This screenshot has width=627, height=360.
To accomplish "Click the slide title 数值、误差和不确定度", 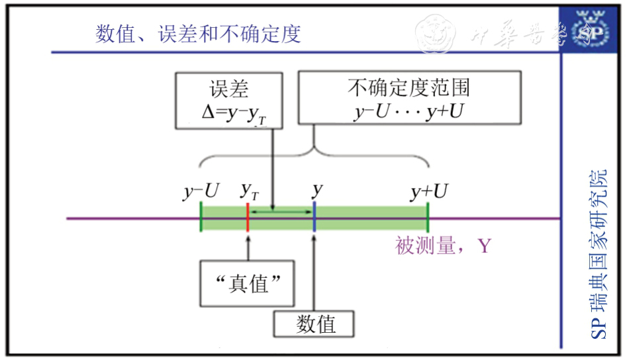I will click(x=197, y=34).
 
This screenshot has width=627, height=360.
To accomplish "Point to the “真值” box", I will click(x=246, y=284).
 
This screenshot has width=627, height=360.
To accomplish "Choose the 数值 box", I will click(x=315, y=324).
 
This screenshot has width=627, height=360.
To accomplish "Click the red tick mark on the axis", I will click(x=247, y=218).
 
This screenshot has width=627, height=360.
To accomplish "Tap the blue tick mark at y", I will click(x=315, y=218).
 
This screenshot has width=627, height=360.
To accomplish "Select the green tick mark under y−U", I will click(x=201, y=218).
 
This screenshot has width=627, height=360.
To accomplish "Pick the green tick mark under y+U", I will click(x=428, y=218).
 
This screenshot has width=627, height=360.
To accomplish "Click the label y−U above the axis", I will click(x=201, y=192).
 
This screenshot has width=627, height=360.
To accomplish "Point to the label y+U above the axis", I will click(x=429, y=192).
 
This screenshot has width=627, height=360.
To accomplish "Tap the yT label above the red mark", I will click(x=250, y=192).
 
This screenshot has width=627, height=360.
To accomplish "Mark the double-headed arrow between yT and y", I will click(x=281, y=212).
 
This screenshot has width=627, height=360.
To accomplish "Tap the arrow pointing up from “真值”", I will click(x=247, y=248).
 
